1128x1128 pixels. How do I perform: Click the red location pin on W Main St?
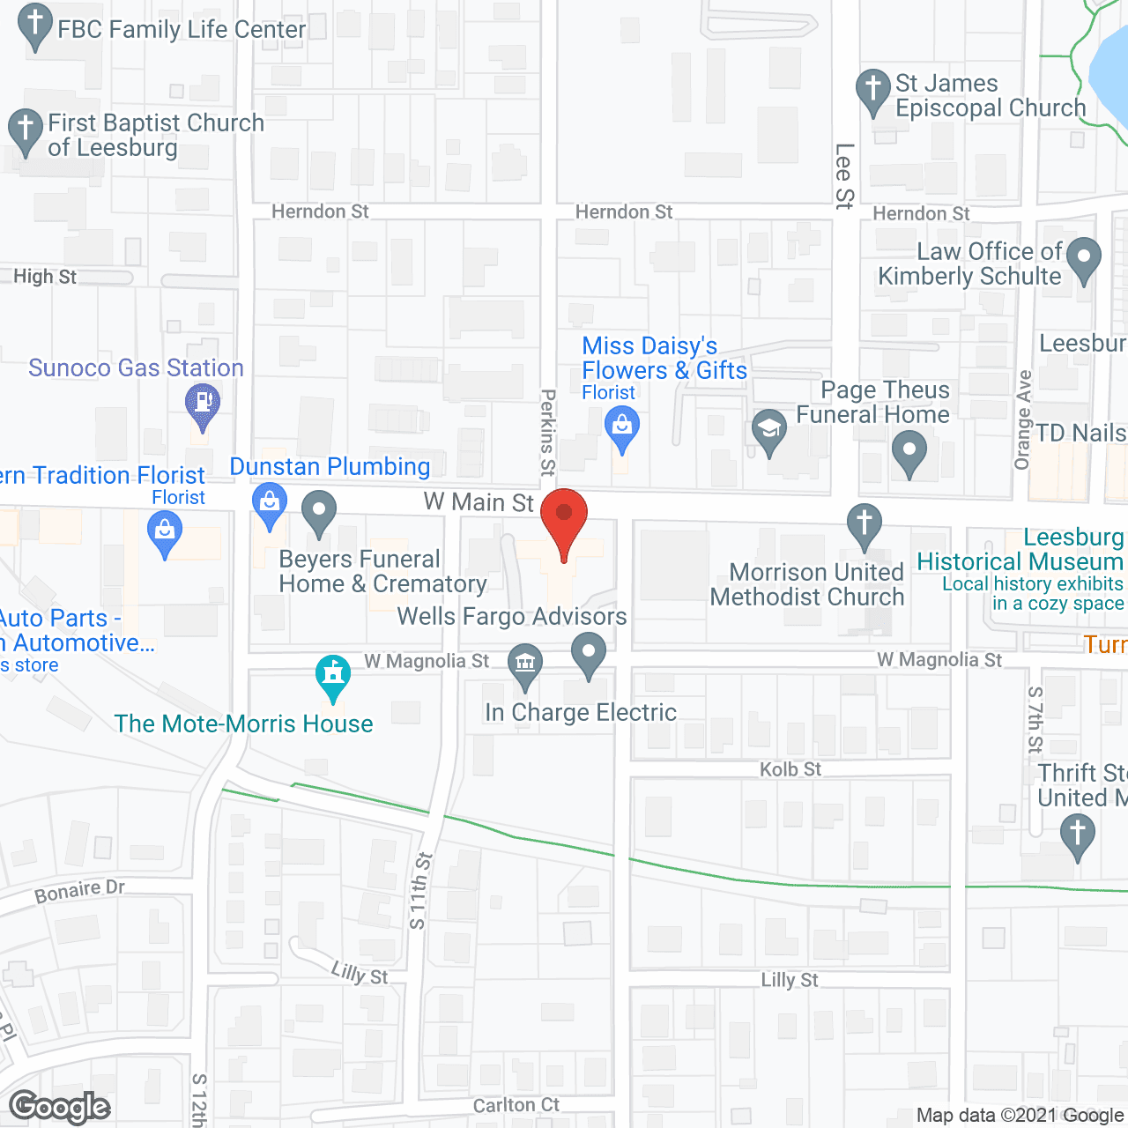564,515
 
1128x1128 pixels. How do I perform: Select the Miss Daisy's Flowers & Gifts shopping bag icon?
622,427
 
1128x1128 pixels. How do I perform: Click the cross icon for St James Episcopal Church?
873,89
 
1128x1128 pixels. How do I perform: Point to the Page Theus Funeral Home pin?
909,450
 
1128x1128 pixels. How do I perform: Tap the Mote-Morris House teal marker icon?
333,676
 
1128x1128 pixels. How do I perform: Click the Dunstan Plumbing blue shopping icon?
269,503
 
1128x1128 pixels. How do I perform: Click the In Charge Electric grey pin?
589,653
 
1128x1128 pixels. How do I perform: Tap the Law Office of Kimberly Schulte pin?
1083,258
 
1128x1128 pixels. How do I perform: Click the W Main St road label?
479,502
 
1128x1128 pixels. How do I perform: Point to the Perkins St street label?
548,433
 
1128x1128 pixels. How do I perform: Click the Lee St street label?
844,176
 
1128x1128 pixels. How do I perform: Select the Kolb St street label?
790,769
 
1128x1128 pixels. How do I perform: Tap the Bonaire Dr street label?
79,891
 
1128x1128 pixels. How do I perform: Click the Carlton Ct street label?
516,1105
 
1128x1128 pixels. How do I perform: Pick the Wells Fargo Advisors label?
512,616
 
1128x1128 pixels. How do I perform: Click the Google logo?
60,1107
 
